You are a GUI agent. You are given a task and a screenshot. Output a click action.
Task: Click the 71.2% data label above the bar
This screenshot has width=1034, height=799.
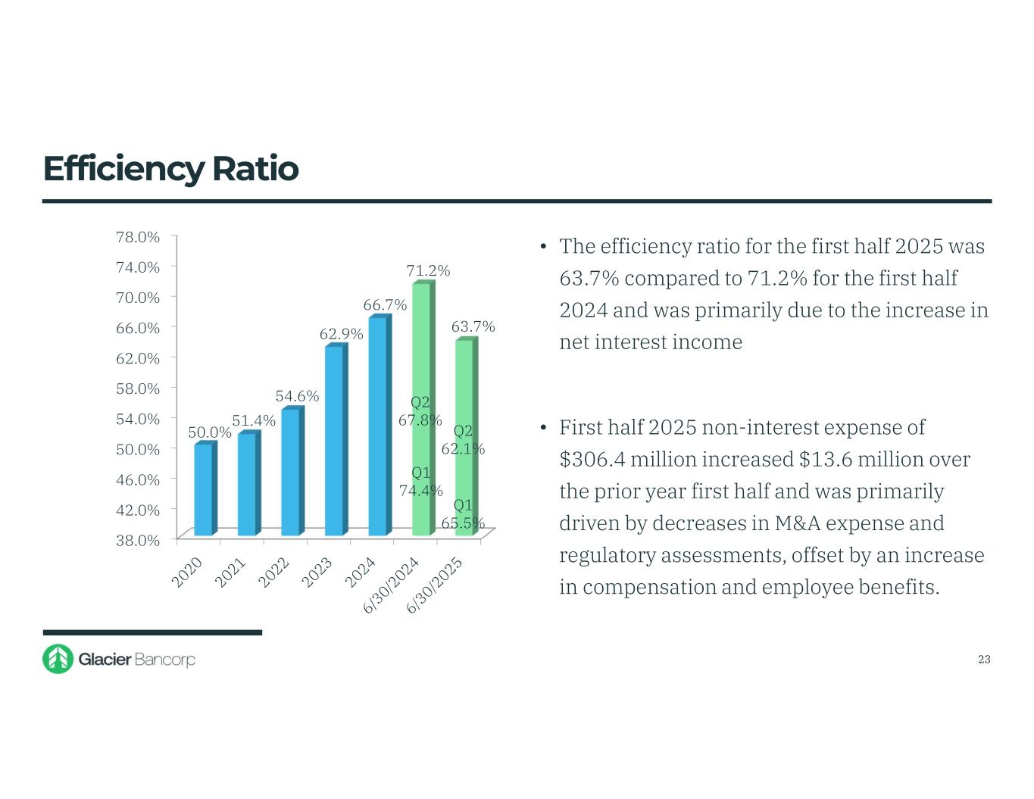[428, 270]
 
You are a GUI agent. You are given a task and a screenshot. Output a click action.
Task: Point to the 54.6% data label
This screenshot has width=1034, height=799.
[297, 396]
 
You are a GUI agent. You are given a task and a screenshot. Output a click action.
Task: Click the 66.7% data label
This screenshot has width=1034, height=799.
[385, 305]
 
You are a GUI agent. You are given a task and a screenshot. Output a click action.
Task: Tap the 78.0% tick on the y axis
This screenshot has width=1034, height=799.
[138, 237]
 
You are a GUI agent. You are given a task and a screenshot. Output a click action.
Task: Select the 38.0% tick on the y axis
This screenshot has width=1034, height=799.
[138, 540]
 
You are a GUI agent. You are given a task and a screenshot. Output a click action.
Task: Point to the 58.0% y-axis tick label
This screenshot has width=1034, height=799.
[138, 389]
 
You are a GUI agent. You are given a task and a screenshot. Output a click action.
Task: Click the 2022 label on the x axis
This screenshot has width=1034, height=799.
[275, 573]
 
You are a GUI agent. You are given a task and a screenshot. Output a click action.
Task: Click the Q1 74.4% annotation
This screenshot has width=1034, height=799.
[420, 482]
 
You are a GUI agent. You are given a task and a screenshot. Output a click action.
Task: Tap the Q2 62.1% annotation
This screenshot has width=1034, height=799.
[463, 440]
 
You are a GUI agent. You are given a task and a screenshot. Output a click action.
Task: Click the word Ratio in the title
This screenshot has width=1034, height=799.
[255, 168]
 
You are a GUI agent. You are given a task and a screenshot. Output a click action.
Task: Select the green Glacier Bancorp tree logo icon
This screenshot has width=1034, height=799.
[58, 659]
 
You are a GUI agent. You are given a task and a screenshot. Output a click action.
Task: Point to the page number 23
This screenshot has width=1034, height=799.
[984, 660]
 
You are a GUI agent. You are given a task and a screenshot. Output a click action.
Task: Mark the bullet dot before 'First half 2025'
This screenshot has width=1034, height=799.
[543, 429]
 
